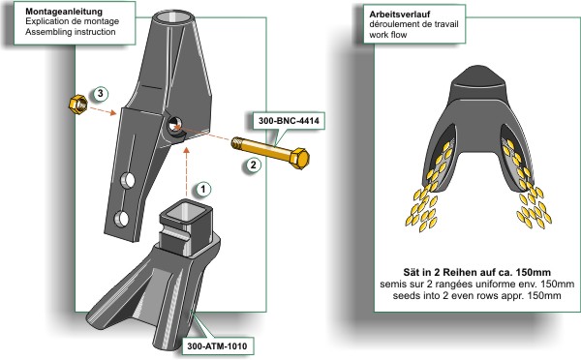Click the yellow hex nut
78,105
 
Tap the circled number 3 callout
100,94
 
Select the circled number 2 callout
253,165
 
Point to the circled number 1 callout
203,190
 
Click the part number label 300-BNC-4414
289,121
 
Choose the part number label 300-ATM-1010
217,346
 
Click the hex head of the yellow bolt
299,158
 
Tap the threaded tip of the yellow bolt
238,143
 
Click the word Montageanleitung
64,12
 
